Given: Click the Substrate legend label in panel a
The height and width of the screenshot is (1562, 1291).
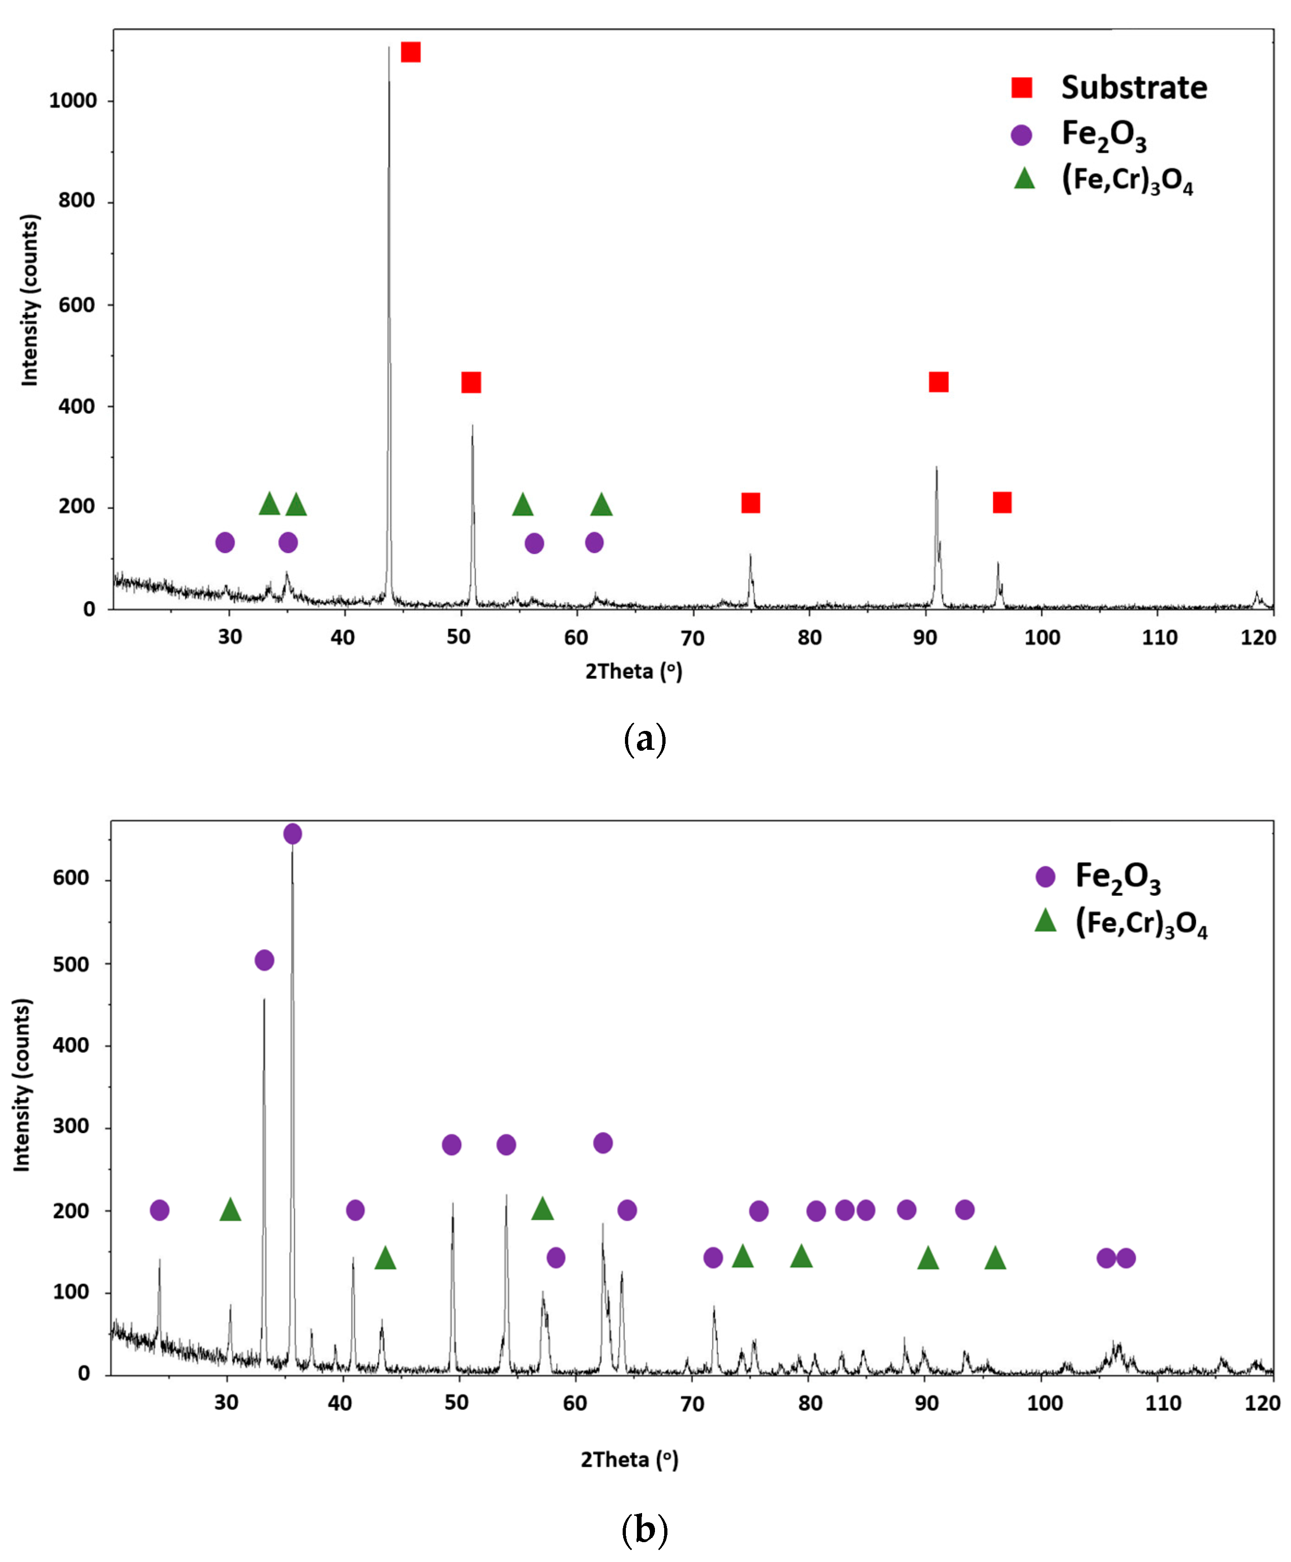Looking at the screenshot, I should click(x=1133, y=88).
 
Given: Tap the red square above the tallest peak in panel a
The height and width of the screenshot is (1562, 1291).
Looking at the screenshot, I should click(x=410, y=52).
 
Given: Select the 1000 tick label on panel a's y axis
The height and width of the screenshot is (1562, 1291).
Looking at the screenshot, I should click(x=73, y=101).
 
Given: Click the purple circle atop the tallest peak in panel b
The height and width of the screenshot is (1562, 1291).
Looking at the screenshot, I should click(x=292, y=834).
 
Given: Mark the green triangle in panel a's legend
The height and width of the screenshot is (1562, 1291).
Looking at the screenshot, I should click(x=1024, y=179).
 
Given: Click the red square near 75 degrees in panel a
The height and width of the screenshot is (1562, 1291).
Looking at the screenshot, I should click(x=751, y=503).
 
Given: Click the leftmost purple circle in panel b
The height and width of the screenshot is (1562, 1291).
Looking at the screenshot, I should click(x=159, y=1210).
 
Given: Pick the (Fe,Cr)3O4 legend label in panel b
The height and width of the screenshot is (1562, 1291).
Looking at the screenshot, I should click(x=1141, y=924).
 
